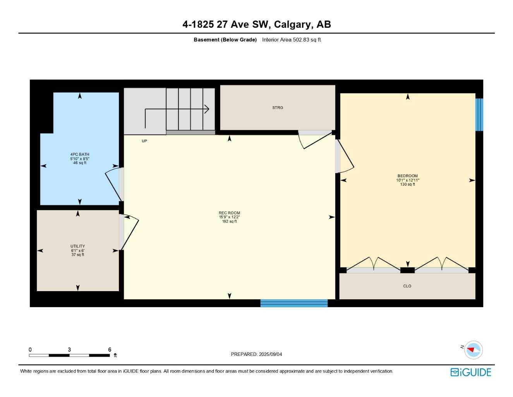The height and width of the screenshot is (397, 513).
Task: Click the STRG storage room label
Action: [278, 108]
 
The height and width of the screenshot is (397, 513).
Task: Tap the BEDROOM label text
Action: [407, 176]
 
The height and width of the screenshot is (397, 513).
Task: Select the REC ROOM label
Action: [229, 213]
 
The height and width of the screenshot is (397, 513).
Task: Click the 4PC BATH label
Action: [80, 154]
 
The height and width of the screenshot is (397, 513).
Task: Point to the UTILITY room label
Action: [78, 246]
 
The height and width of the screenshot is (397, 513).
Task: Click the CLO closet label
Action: [407, 286]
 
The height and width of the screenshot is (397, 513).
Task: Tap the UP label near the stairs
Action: [144, 141]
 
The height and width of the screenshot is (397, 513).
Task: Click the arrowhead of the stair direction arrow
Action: [208, 109]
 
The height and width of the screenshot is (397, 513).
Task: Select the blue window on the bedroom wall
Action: [479, 115]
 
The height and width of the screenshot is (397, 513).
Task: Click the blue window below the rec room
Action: [294, 303]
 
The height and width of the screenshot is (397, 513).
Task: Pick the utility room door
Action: [130, 233]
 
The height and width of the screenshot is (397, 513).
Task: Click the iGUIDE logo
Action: [470, 372]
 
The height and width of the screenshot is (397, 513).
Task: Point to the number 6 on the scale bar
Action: [110, 350]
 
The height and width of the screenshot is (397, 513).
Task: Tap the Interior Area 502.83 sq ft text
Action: [291, 40]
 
